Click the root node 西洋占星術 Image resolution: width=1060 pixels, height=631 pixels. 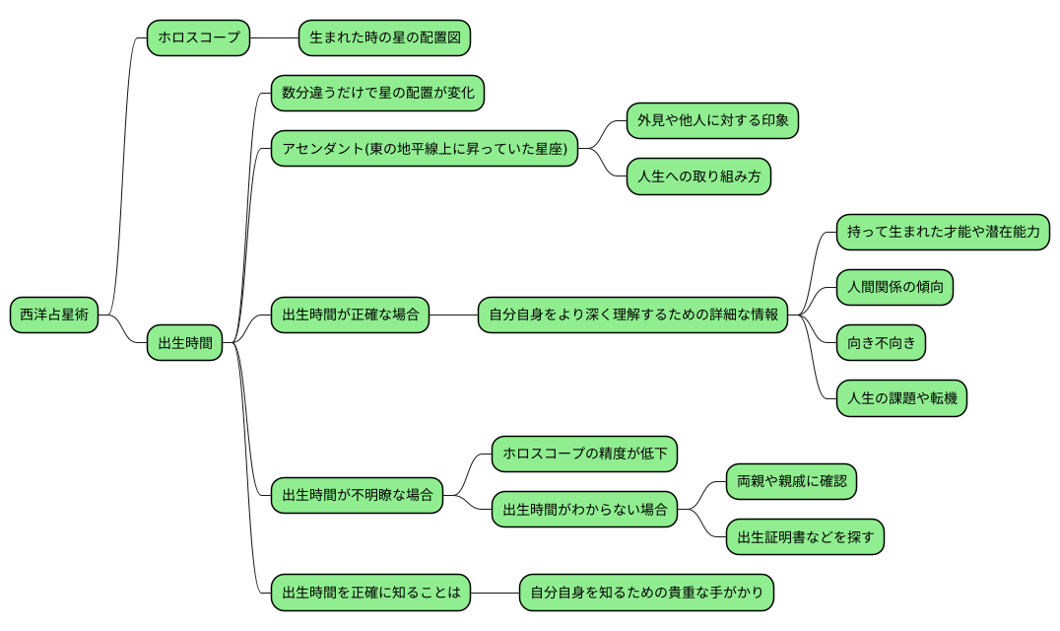(54, 315)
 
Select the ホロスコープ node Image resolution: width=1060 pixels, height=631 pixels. (198, 38)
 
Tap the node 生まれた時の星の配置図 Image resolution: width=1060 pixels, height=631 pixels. (383, 38)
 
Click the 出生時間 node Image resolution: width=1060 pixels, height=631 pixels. (185, 343)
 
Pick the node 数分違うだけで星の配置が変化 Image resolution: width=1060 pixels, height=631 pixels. (377, 94)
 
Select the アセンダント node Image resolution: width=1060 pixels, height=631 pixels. (424, 149)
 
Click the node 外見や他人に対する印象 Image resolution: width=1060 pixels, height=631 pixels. (711, 121)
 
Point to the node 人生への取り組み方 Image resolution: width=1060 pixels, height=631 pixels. (698, 177)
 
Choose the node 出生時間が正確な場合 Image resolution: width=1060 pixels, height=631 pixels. (350, 315)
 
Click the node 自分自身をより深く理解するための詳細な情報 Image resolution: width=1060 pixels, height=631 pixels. (632, 315)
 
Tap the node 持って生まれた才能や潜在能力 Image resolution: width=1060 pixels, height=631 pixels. (943, 233)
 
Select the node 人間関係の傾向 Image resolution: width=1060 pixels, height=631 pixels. (894, 288)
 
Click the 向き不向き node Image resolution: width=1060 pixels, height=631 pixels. (881, 343)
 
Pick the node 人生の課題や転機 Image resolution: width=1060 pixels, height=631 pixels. (901, 399)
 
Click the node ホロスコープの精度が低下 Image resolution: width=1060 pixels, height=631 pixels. (584, 454)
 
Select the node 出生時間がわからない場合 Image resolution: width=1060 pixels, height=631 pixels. (584, 510)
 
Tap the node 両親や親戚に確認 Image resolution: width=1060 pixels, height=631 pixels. (791, 482)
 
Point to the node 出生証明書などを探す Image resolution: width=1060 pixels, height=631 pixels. (805, 537)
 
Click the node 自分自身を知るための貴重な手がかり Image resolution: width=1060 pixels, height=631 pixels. (646, 593)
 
